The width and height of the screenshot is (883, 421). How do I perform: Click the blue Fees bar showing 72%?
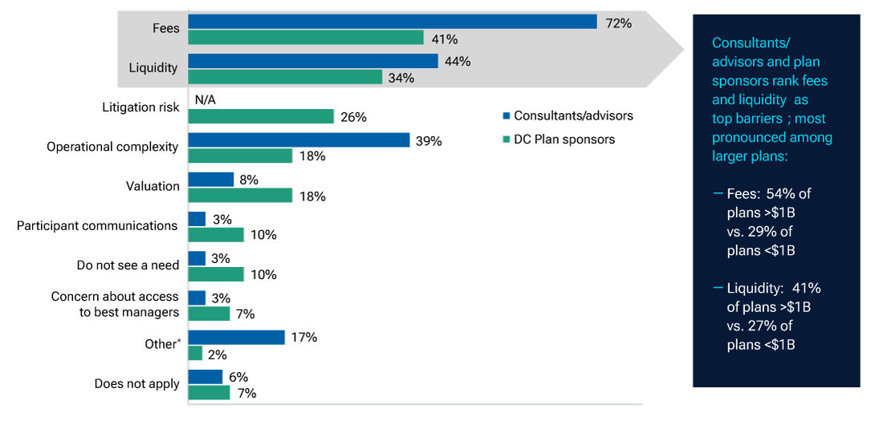click(x=392, y=22)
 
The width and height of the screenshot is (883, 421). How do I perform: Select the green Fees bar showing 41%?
click(x=305, y=38)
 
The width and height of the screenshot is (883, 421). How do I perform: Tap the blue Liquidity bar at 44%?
click(x=312, y=61)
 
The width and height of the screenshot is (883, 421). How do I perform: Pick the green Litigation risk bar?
click(x=260, y=116)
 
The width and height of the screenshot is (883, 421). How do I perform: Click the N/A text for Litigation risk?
click(x=205, y=99)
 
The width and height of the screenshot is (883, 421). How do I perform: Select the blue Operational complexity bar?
click(x=299, y=140)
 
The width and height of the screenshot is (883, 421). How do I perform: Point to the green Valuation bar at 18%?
click(x=239, y=196)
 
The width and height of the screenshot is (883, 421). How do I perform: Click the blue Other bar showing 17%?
click(x=236, y=338)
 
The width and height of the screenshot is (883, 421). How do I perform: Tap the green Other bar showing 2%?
click(x=195, y=353)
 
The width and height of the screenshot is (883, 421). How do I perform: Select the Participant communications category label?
click(x=97, y=226)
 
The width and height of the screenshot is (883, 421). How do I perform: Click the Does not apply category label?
click(x=136, y=384)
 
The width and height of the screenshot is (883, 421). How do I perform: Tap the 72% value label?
click(x=618, y=23)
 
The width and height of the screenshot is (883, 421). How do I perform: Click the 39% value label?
click(x=429, y=140)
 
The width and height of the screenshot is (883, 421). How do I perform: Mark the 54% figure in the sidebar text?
click(x=784, y=194)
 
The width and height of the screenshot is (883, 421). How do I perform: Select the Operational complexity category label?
click(x=112, y=148)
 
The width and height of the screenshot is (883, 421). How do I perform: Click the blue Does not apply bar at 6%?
click(x=205, y=377)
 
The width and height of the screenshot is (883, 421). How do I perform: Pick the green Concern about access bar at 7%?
click(x=209, y=314)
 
